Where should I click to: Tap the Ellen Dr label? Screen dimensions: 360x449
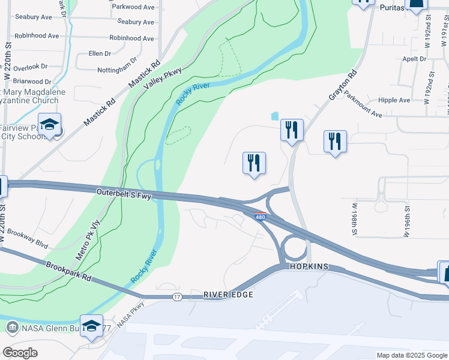pos(100,53)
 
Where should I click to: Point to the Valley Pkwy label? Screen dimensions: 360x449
pos(162,79)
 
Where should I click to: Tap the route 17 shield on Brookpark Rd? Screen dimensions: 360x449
pos(176,296)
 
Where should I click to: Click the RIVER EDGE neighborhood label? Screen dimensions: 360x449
pos(228,295)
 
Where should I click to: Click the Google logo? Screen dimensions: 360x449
pos(20,353)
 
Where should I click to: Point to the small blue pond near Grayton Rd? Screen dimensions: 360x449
pos(275,116)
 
